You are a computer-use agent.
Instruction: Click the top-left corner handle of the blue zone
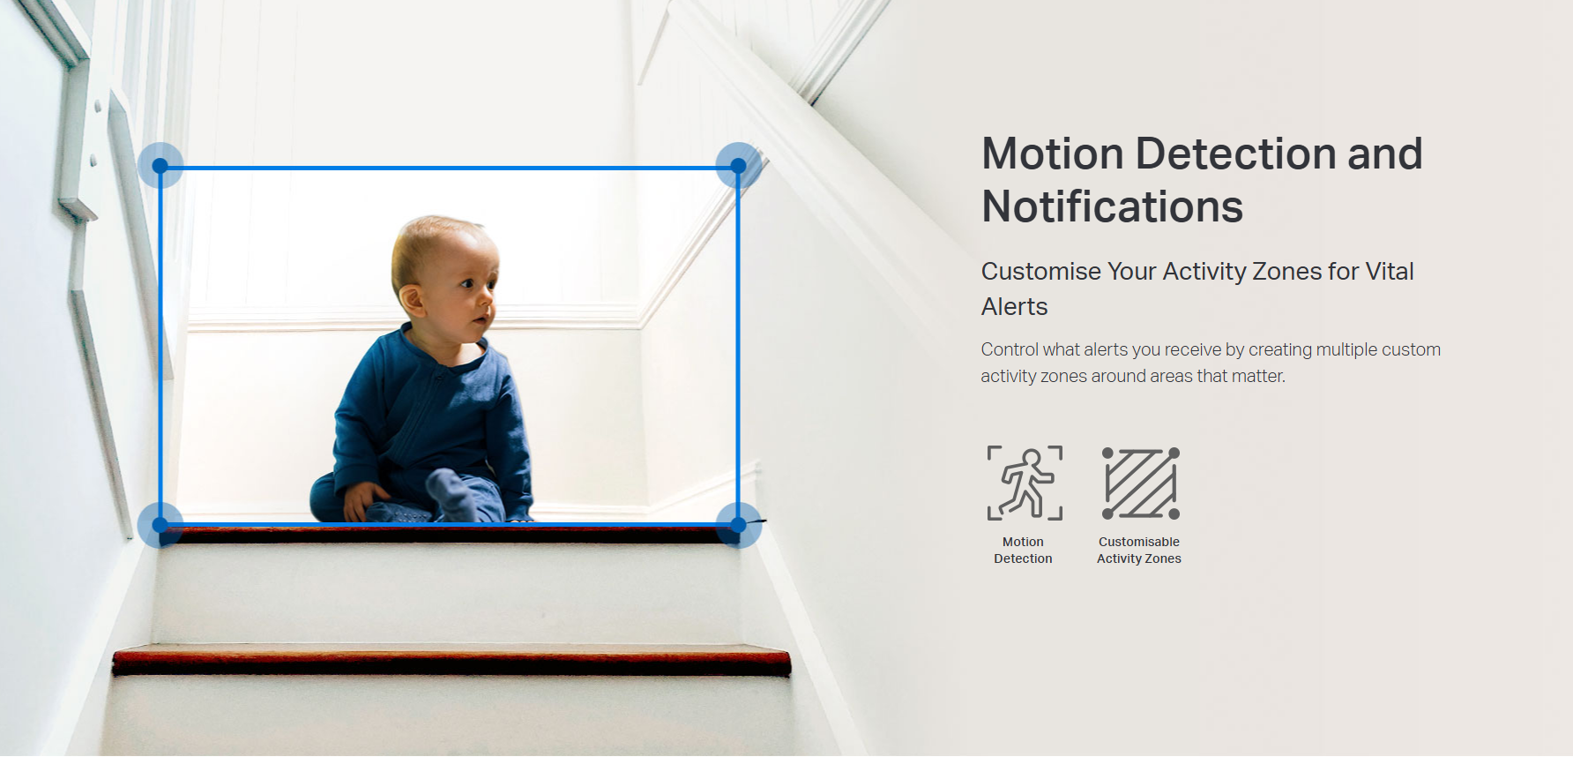pos(160,166)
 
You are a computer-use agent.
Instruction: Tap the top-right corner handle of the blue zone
pos(739,166)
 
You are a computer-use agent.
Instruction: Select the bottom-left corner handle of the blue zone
pos(160,525)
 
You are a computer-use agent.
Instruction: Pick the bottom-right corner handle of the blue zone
pos(739,525)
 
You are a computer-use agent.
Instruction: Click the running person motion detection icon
pos(1025,483)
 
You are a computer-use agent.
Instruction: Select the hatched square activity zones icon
pos(1141,483)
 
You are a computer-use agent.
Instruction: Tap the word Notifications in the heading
pos(1113,206)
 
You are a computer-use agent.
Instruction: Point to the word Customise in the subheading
pos(1041,271)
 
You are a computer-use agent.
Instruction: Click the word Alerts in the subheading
pos(1015,306)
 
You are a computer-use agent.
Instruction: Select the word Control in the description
pos(1010,349)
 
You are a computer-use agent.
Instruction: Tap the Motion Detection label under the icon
pos(1023,550)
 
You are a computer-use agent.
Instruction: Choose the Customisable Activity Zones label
pos(1139,550)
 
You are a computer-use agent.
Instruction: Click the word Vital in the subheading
pos(1390,271)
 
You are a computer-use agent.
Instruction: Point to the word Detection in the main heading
pos(1235,154)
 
